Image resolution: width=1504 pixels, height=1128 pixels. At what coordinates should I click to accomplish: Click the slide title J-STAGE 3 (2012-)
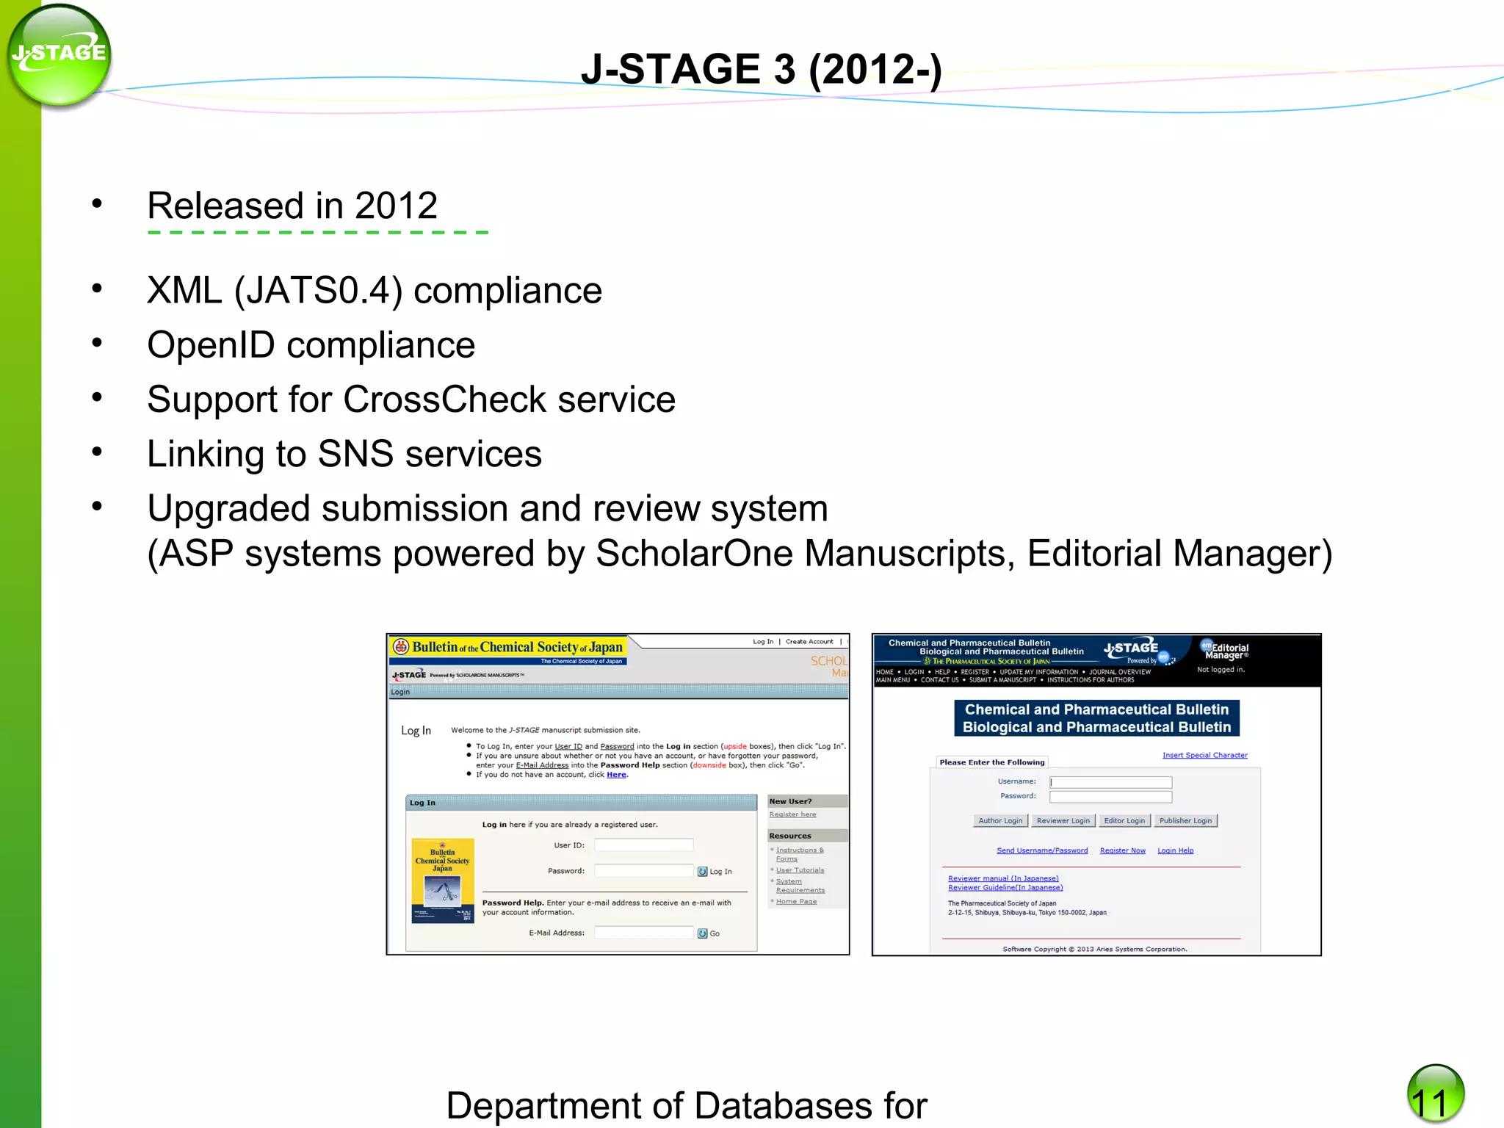click(761, 70)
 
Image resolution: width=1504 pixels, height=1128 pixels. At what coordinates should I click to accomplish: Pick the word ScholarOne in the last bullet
click(694, 553)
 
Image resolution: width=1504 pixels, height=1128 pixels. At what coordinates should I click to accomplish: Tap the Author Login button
click(999, 820)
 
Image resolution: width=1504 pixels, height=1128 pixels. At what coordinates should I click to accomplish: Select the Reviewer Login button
click(1063, 820)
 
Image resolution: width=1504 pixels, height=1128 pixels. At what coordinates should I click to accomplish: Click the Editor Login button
click(1124, 820)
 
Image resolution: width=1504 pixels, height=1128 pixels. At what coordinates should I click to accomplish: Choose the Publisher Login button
click(1185, 820)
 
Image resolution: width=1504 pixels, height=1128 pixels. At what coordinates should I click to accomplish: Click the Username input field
click(1110, 782)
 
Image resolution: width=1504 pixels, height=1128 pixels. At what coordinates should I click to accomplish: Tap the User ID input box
click(643, 845)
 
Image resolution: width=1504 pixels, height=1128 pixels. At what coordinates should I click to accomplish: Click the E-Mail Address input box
click(643, 933)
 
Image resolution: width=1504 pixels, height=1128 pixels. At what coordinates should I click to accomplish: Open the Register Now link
click(1122, 850)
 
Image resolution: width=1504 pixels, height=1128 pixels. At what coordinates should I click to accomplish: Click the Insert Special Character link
click(1204, 755)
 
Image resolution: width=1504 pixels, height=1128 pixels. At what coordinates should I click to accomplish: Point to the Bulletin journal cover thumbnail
click(443, 881)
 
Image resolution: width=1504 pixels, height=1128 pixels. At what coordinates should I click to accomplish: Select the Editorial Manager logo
click(1224, 651)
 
